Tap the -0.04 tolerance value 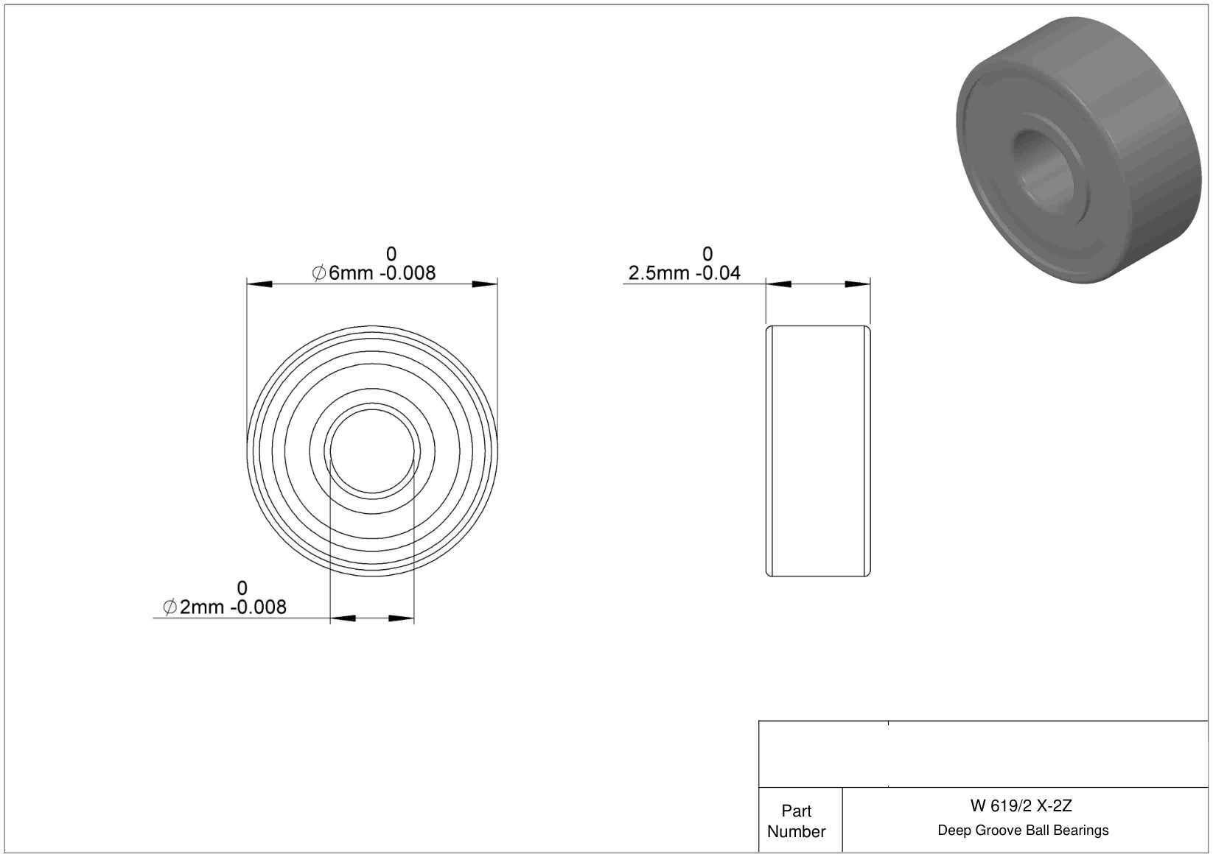718,273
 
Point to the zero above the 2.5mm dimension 707,254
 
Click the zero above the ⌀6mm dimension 391,254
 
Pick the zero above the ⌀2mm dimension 242,588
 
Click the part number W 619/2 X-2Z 1021,805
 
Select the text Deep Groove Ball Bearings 1023,830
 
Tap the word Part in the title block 796,811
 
